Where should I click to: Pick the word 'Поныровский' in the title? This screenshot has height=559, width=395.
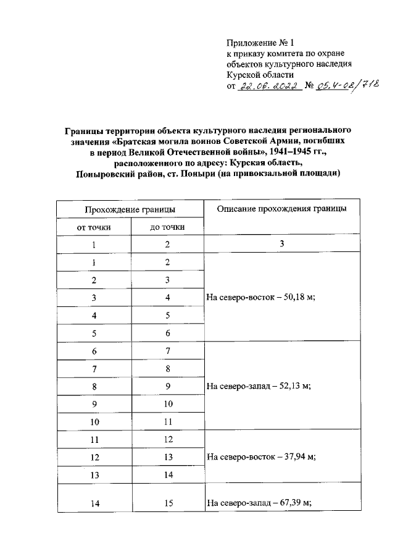point(105,174)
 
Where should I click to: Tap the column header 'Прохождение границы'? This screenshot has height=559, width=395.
point(130,209)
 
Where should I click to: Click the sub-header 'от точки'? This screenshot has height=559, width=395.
point(93,227)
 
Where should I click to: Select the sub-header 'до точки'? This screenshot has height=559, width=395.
point(167,227)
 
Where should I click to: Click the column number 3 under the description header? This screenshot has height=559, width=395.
point(281,244)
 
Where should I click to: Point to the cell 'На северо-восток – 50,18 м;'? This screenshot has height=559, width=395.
point(262,297)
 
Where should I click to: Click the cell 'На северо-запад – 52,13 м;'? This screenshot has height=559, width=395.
point(259,386)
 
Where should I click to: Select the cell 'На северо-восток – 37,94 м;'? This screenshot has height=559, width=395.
point(262,457)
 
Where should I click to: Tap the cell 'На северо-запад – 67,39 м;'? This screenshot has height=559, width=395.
point(259,503)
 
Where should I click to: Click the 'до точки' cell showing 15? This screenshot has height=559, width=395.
point(167,503)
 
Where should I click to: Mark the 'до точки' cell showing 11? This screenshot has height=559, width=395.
point(167,422)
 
